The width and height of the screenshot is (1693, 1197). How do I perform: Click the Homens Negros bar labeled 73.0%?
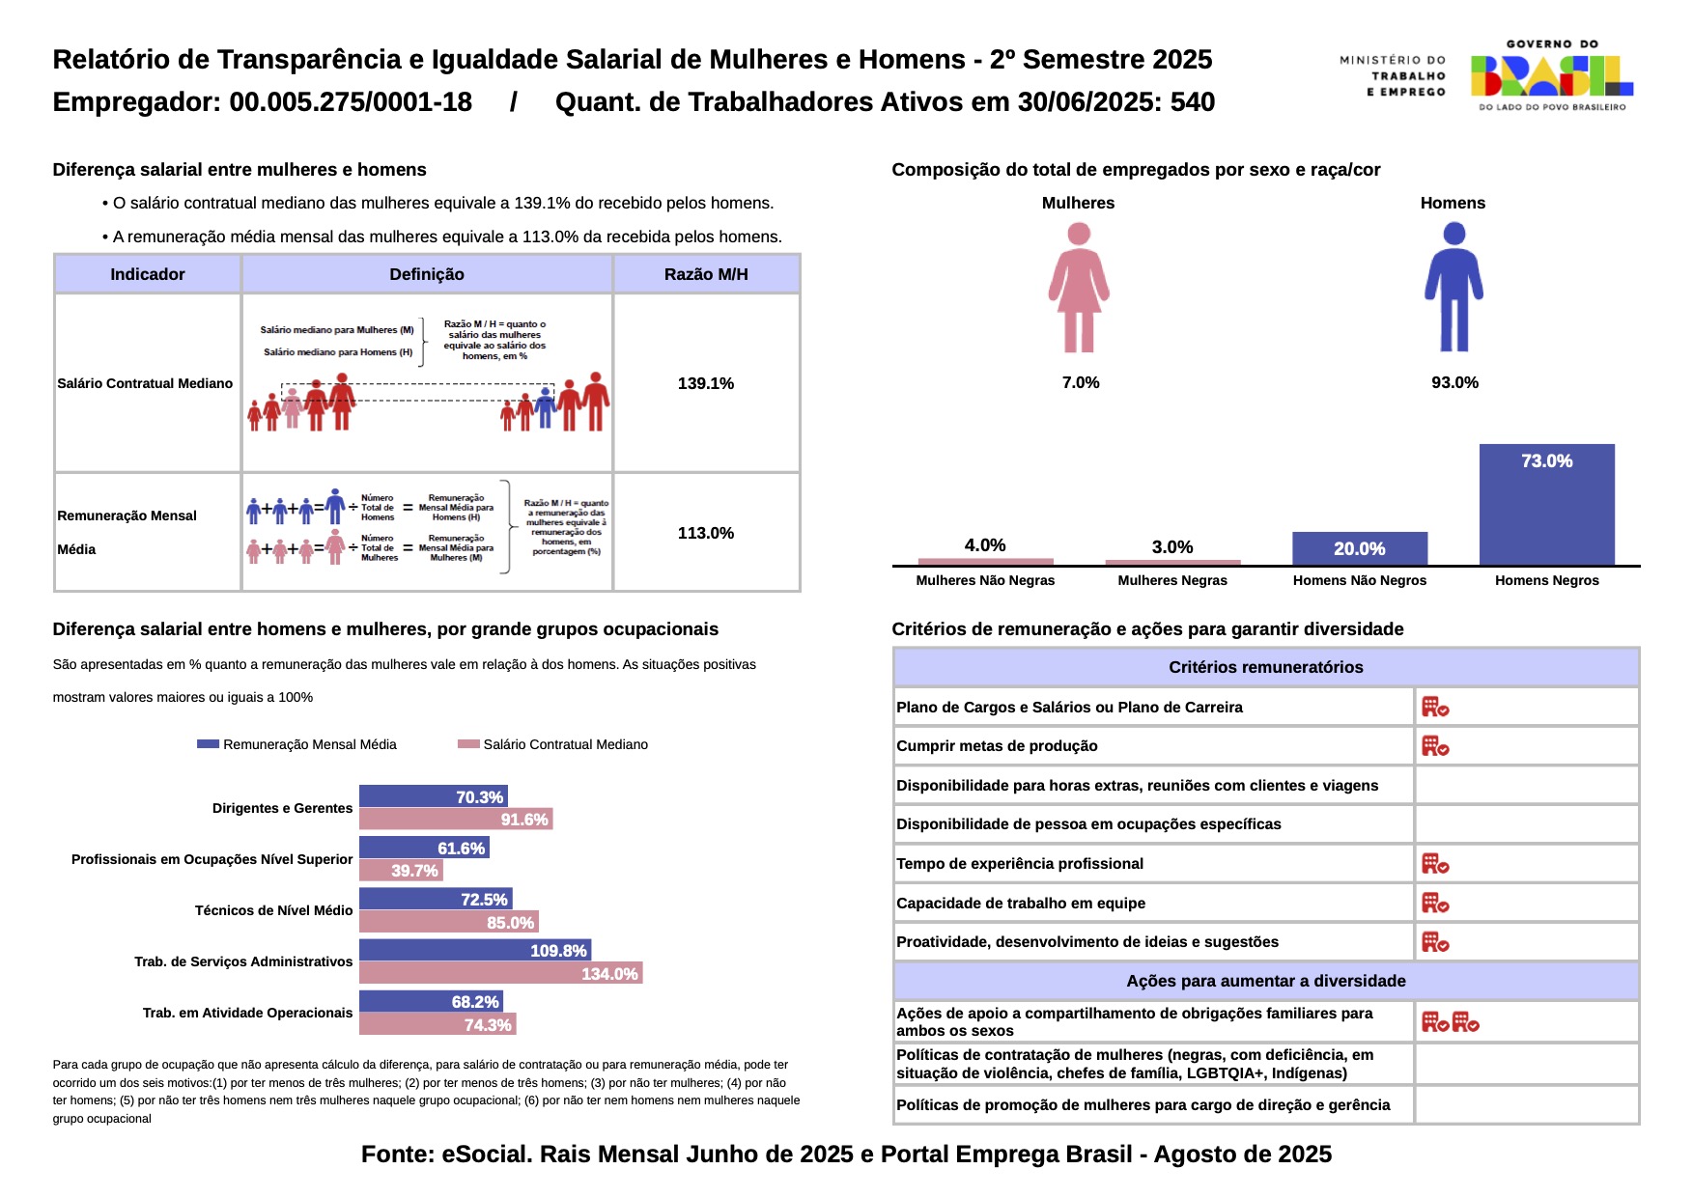pyautogui.click(x=1546, y=504)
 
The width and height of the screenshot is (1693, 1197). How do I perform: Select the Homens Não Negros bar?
pyautogui.click(x=1359, y=548)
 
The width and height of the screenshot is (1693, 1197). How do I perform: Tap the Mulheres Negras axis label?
pyautogui.click(x=1171, y=580)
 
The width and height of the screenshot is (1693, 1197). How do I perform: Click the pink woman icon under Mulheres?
pyautogui.click(x=1079, y=288)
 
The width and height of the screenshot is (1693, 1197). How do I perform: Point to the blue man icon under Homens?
pyautogui.click(x=1453, y=288)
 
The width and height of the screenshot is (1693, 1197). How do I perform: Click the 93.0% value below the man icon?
pyautogui.click(x=1454, y=382)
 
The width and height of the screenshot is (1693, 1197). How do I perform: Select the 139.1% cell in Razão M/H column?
pyautogui.click(x=706, y=383)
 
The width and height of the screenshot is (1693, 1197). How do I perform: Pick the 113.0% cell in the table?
pyautogui.click(x=706, y=533)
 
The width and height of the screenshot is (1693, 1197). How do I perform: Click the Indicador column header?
pyautogui.click(x=147, y=274)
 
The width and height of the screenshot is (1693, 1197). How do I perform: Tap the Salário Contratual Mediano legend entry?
pyautogui.click(x=565, y=744)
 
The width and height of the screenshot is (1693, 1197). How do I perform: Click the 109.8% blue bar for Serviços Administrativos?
pyautogui.click(x=474, y=950)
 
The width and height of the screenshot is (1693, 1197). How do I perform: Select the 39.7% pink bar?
pyautogui.click(x=401, y=871)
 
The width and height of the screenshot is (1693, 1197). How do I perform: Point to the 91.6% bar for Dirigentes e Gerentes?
pyautogui.click(x=456, y=820)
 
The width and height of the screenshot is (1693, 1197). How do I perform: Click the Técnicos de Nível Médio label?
pyautogui.click(x=273, y=910)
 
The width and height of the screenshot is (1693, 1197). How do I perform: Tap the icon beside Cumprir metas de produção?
pyautogui.click(x=1435, y=746)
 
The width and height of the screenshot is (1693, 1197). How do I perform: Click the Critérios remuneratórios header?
pyautogui.click(x=1265, y=667)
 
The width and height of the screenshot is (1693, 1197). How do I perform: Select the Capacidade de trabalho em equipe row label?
pyautogui.click(x=1021, y=903)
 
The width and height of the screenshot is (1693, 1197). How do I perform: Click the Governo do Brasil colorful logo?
pyautogui.click(x=1551, y=75)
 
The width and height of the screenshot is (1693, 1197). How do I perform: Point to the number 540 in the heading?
pyautogui.click(x=1193, y=102)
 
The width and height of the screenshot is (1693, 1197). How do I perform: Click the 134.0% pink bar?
pyautogui.click(x=500, y=973)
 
